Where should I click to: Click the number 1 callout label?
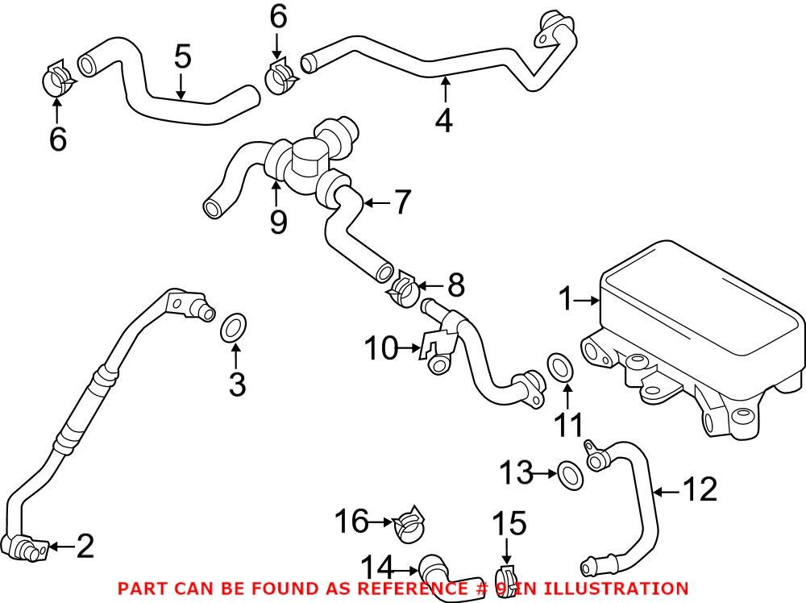click(x=566, y=301)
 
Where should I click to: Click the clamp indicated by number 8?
click(x=404, y=288)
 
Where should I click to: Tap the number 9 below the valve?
click(x=278, y=219)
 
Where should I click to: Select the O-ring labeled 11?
click(x=561, y=365)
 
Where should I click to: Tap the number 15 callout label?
click(x=509, y=524)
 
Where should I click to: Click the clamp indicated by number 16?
click(x=409, y=523)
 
